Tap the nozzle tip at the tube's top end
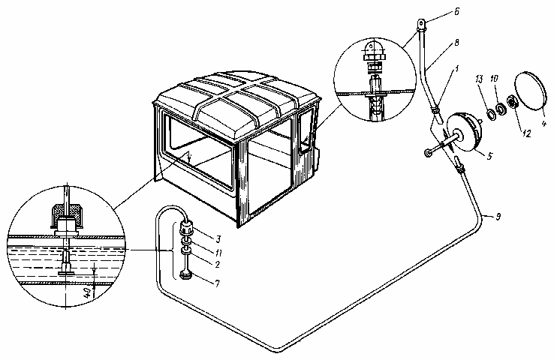(425, 25)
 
